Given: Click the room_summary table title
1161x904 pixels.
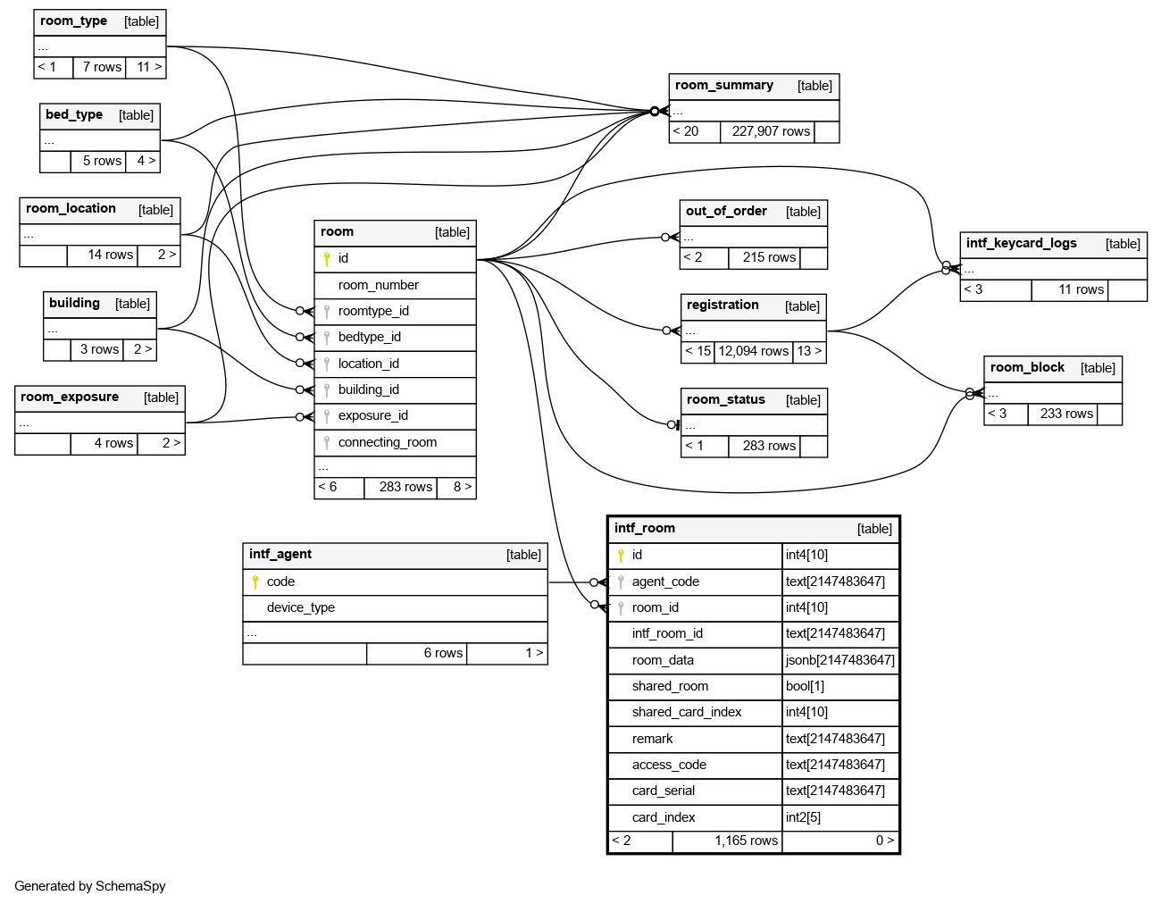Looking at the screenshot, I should [x=724, y=86].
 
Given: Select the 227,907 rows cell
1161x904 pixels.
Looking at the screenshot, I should [x=771, y=131].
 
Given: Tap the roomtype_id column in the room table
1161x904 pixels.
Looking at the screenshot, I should [x=373, y=311].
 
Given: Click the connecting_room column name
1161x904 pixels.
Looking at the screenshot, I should [x=387, y=442].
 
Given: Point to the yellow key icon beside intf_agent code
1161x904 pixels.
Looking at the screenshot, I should [x=255, y=582].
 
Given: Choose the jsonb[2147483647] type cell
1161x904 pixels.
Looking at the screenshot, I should [x=839, y=660].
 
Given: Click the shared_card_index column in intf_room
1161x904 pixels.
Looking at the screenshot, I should [x=686, y=712].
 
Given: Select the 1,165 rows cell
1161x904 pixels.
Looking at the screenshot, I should [x=746, y=841].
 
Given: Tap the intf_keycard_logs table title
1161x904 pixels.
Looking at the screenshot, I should [x=1021, y=243].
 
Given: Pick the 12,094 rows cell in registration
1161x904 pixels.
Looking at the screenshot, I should [x=753, y=351].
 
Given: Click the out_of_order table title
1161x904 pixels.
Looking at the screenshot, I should [x=726, y=212].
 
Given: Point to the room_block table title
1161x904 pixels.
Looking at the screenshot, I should [x=1027, y=367].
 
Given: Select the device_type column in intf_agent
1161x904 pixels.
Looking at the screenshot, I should [x=300, y=607].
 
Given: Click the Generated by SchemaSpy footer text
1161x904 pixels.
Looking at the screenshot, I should [x=89, y=886].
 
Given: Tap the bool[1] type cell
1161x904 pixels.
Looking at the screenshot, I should [x=805, y=686].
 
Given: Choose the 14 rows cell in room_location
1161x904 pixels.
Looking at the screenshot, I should [x=110, y=255].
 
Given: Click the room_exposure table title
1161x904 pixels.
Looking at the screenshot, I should [x=70, y=398].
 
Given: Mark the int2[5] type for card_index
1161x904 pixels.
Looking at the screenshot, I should [x=803, y=817].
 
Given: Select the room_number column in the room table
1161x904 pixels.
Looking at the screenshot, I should [x=378, y=285].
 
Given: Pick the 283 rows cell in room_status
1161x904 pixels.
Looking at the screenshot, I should [x=769, y=446].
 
